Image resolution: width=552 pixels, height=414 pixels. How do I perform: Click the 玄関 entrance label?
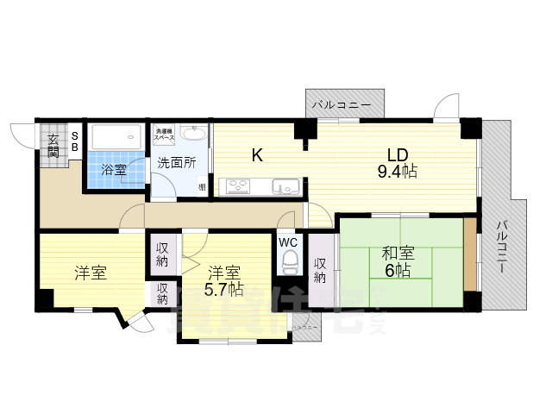53,145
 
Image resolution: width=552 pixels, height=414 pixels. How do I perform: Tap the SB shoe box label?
74,141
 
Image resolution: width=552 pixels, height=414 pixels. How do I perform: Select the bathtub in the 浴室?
116,136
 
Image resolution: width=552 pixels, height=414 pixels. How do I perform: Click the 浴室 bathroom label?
114,170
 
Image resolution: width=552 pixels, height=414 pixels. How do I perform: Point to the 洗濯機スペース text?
165,135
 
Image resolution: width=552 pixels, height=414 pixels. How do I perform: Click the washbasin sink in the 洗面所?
195,135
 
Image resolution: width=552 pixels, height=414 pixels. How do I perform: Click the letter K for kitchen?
256,156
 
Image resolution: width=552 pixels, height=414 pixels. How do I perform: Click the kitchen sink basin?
285,185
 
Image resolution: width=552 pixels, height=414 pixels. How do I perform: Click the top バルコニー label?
342,105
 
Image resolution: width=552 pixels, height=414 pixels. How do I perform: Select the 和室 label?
398,254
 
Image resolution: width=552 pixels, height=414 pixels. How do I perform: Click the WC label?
288,241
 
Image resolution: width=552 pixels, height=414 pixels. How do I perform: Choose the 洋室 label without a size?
91,273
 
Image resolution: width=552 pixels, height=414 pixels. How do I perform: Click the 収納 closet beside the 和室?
320,270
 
